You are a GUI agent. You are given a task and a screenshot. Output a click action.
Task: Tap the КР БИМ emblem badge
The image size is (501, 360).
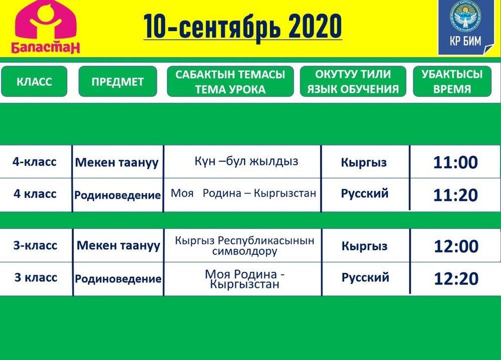pyautogui.click(x=465, y=27)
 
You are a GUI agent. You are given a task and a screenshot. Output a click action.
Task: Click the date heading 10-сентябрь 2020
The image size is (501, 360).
pyautogui.click(x=243, y=27)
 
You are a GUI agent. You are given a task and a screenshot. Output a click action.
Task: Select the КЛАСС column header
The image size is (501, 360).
pyautogui.click(x=34, y=82)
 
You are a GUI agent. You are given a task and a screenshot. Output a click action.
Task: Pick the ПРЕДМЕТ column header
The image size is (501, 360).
pyautogui.click(x=118, y=82)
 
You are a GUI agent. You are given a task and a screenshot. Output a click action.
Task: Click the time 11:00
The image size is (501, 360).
pyautogui.click(x=455, y=162)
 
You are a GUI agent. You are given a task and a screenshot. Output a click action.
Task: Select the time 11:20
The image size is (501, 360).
pyautogui.click(x=455, y=195)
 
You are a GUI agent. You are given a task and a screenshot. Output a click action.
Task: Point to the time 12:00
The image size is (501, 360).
pyautogui.click(x=456, y=246)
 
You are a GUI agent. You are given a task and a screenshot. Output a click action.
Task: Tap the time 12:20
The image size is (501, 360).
pyautogui.click(x=456, y=278)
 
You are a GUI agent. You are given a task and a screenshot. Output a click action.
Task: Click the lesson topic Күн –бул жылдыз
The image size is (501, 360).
pyautogui.click(x=246, y=161)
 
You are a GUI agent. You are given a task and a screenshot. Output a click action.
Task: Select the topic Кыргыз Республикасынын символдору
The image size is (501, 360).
pyautogui.click(x=244, y=246)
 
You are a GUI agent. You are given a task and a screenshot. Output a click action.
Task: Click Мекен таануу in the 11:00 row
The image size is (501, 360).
pyautogui.click(x=117, y=163)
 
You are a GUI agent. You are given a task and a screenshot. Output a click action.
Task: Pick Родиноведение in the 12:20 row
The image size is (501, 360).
pyautogui.click(x=118, y=279)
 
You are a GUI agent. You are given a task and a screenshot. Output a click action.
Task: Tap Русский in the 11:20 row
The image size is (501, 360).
pyautogui.click(x=365, y=194)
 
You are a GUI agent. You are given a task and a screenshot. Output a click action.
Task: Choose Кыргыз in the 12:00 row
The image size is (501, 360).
pyautogui.click(x=365, y=246)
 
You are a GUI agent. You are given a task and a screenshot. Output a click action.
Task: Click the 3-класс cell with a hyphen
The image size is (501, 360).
pyautogui.click(x=35, y=245)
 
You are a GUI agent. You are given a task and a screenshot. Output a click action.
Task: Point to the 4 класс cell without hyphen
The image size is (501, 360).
pyautogui.click(x=35, y=194)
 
